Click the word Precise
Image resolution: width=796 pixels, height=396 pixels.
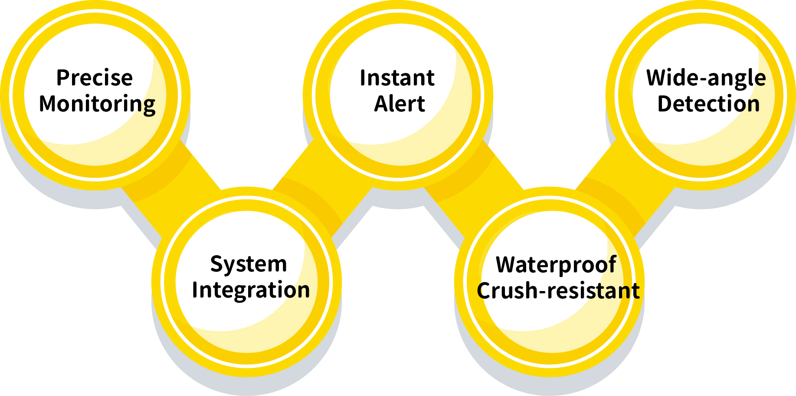[x=95, y=78]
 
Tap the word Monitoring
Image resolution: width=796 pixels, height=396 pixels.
[x=97, y=105]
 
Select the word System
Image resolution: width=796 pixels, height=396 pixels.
[x=249, y=264]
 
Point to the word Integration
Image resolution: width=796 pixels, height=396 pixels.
[x=251, y=290]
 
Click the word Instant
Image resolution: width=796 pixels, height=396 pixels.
[x=397, y=78]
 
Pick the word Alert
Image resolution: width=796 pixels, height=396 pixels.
[x=400, y=104]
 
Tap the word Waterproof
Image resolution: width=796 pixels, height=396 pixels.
[x=556, y=265]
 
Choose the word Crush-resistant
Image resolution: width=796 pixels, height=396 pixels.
[x=558, y=291]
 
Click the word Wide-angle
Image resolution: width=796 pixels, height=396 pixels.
[x=706, y=79]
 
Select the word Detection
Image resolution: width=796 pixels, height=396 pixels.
[x=708, y=104]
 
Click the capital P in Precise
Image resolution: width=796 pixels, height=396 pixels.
[x=63, y=78]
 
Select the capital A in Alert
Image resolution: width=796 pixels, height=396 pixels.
[x=382, y=104]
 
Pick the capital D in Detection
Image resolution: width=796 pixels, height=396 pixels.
[x=665, y=104]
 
